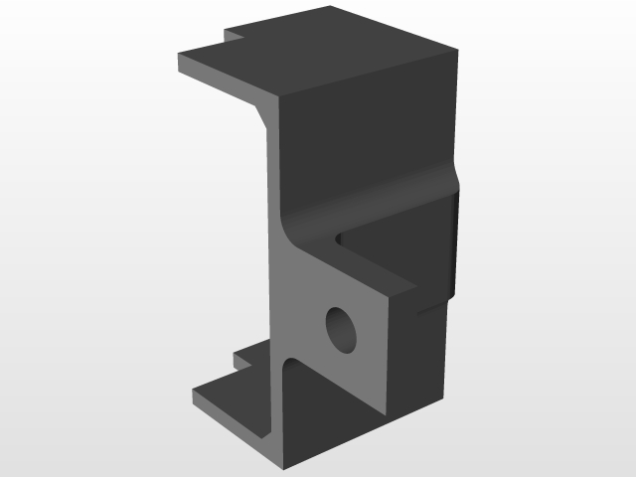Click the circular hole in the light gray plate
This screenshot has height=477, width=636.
[341, 328]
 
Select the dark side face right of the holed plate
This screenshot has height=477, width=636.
[417, 358]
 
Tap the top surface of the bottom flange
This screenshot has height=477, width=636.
[238, 393]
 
